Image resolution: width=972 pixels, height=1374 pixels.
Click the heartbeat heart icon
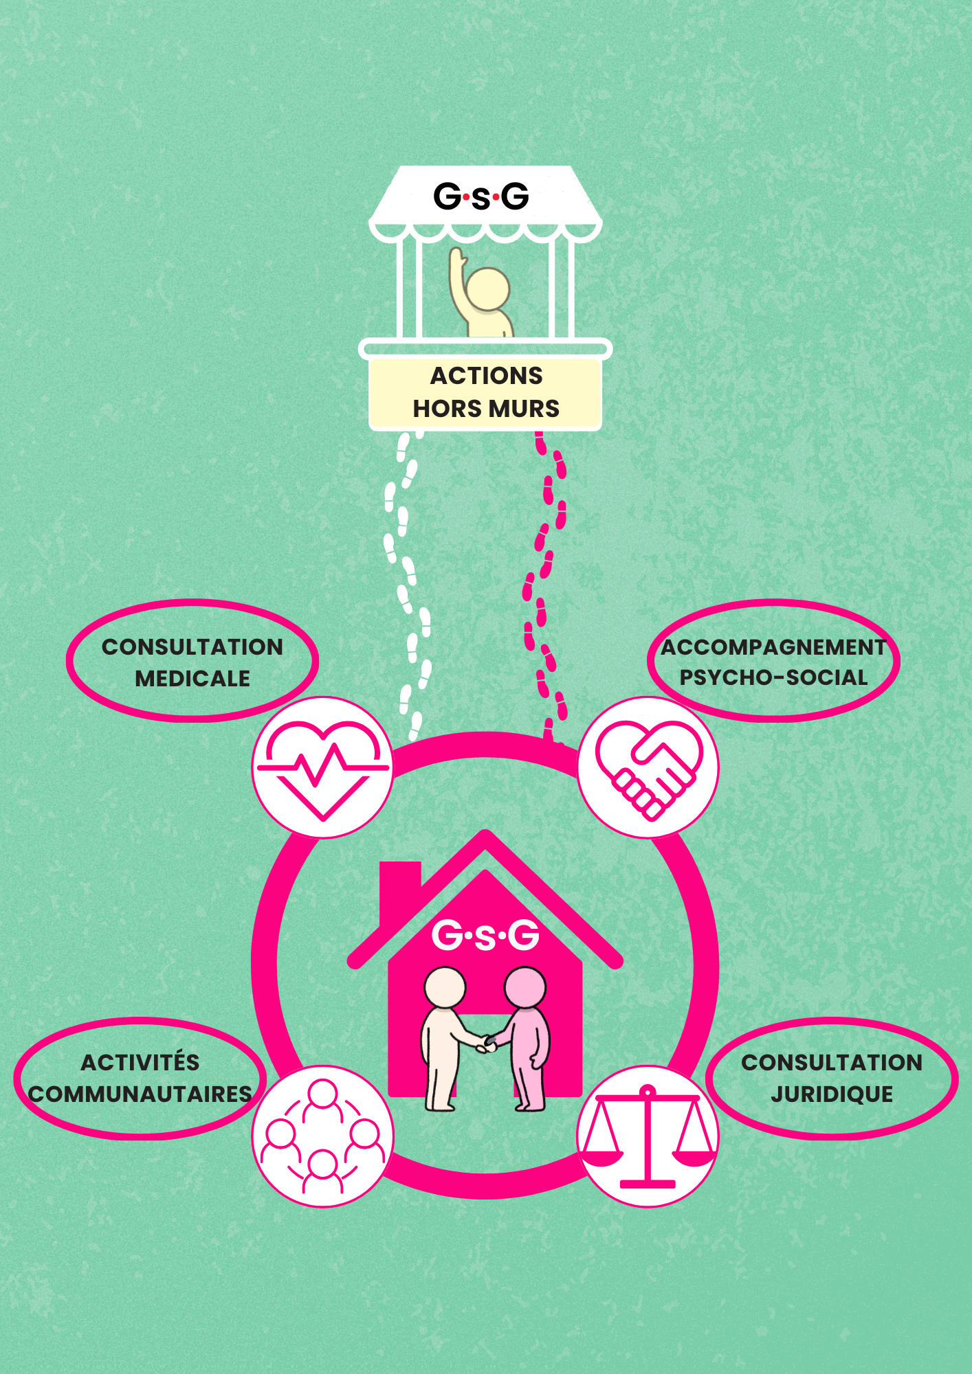coord(322,767)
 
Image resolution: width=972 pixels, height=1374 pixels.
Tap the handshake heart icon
coord(648,767)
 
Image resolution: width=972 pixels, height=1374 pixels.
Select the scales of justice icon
coord(648,1136)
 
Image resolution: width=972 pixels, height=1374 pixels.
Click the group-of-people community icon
coord(322,1136)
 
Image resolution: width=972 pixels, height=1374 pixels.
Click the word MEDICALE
coord(192,679)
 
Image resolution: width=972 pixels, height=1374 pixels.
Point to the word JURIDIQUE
coord(832,1094)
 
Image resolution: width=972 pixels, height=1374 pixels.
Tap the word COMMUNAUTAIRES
coord(140,1094)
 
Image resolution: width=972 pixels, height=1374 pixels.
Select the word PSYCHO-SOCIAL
coord(773,677)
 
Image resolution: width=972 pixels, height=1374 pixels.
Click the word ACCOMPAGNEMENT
coord(773,647)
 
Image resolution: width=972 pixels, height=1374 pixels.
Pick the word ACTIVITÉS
coord(140,1062)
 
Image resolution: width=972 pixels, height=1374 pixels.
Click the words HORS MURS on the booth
coord(486,409)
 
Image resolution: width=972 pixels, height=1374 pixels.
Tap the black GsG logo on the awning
coord(481,196)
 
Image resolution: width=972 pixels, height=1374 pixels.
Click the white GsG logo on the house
coord(485,936)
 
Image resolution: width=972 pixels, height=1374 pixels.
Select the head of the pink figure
coord(525,987)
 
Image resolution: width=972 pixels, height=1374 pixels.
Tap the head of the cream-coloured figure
coord(445,987)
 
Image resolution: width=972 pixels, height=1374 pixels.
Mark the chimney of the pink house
coord(400,883)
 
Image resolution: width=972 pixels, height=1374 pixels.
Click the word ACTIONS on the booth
coord(486,376)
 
